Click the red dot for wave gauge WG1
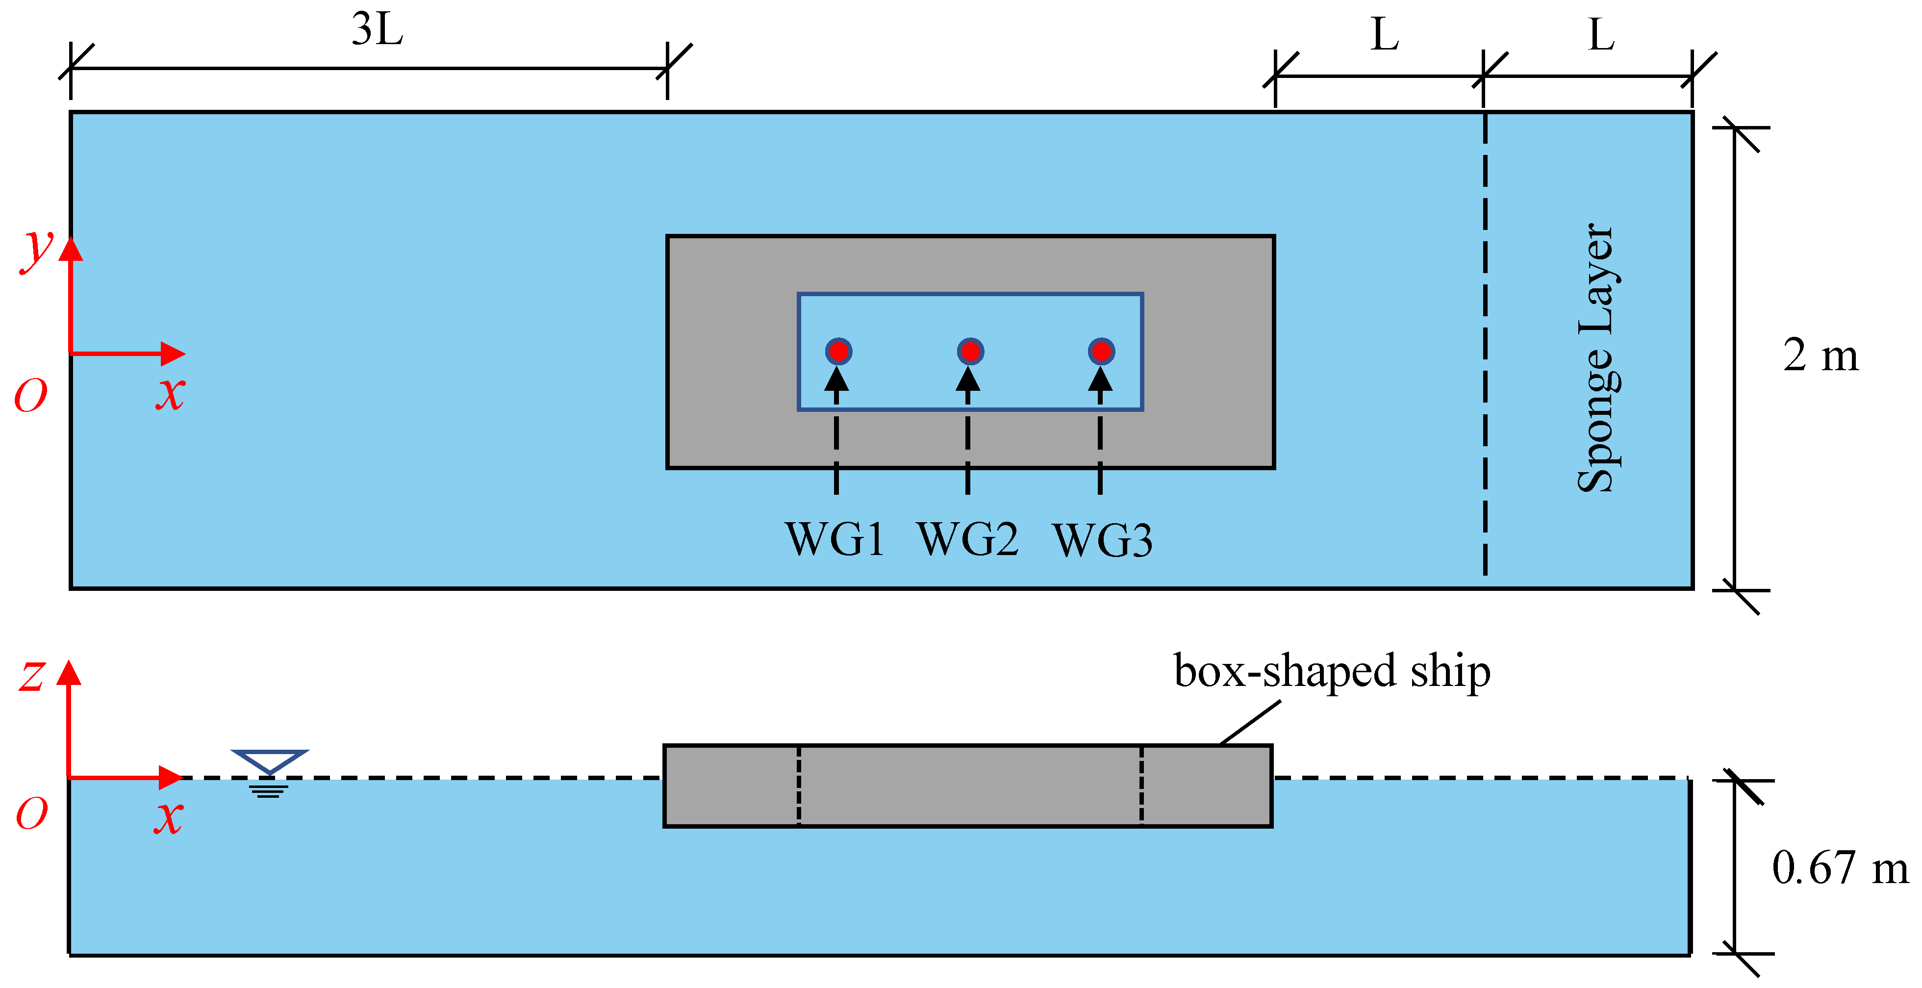(x=838, y=351)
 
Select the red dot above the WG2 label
(x=970, y=351)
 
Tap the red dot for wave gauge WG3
(x=1101, y=351)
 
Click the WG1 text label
(x=835, y=539)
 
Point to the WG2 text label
(x=968, y=539)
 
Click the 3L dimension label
(x=378, y=30)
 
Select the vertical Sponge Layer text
(x=1595, y=358)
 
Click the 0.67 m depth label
(x=1839, y=868)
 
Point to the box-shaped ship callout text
(x=1332, y=670)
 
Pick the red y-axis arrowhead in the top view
(x=71, y=249)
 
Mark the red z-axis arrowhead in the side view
(x=69, y=672)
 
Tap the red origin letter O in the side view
(x=32, y=813)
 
